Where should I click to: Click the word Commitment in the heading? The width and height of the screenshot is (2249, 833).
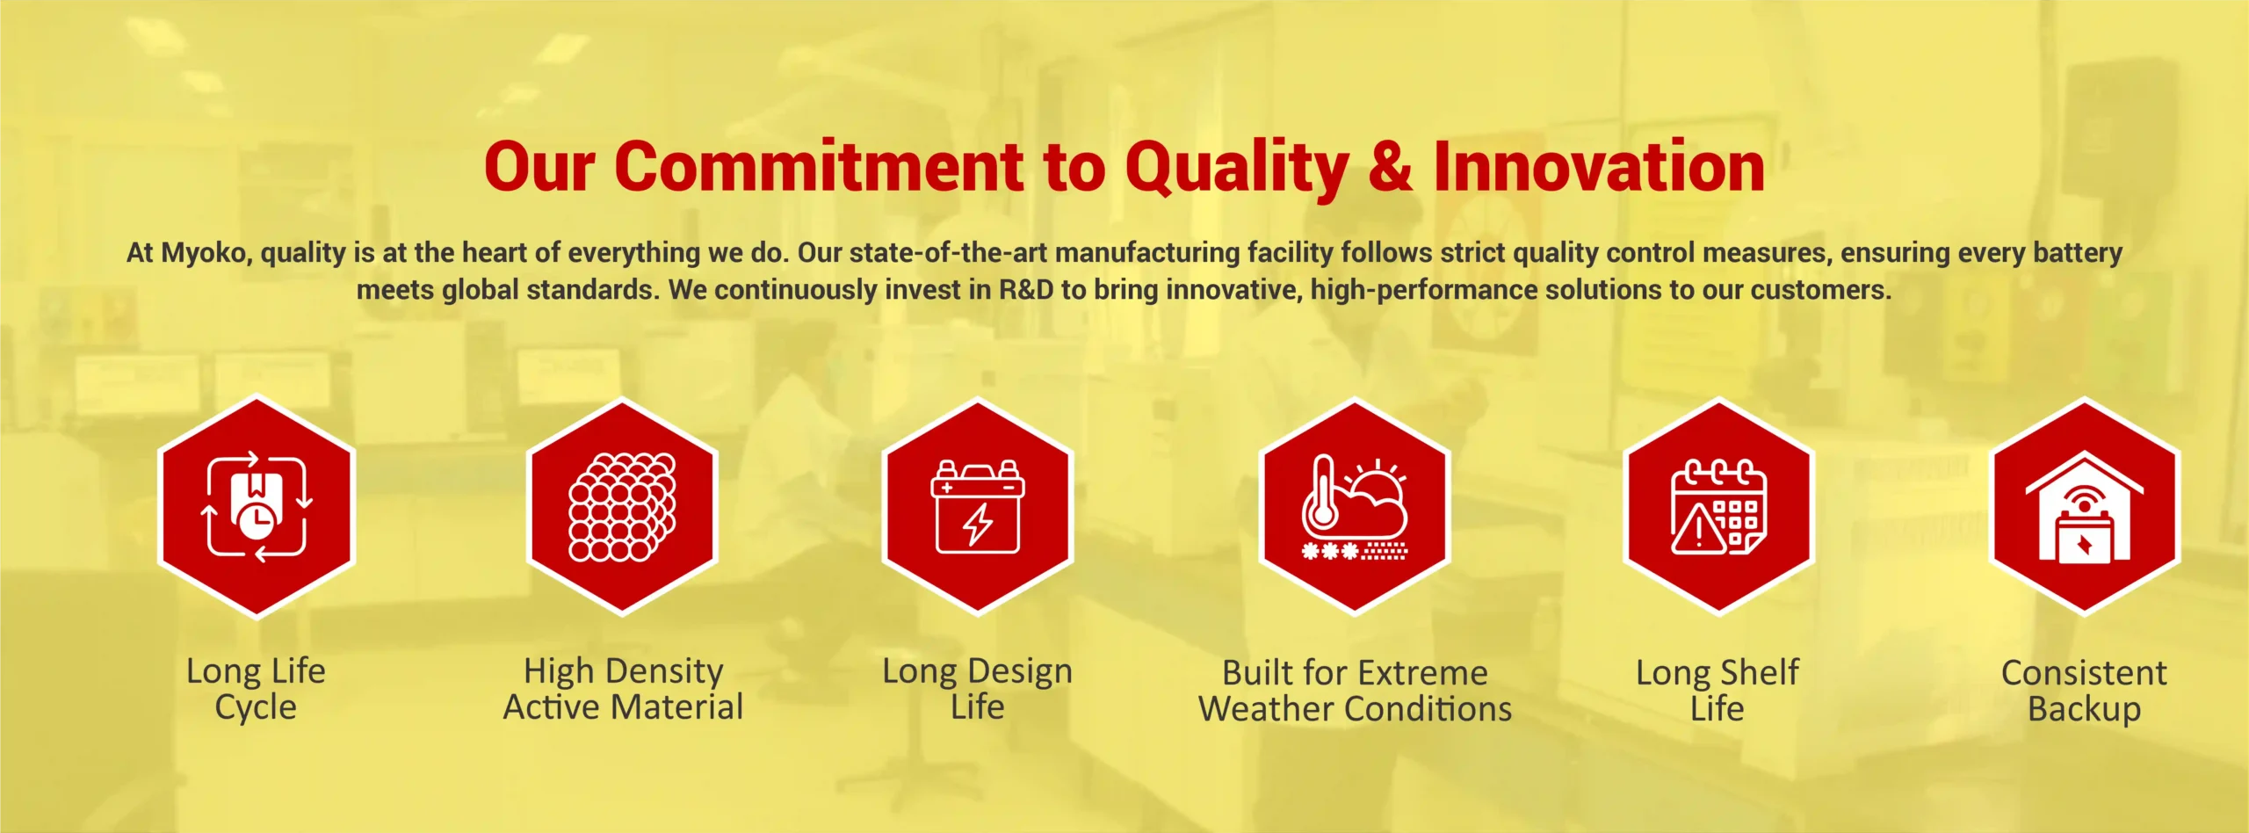pyautogui.click(x=819, y=166)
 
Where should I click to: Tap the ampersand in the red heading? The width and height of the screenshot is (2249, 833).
pyautogui.click(x=1391, y=166)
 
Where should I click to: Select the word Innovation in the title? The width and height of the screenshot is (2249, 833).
pyautogui.click(x=1599, y=166)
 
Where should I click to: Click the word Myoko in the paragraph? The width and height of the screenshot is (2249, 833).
pyautogui.click(x=206, y=253)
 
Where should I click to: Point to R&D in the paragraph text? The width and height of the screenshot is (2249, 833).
pyautogui.click(x=1026, y=290)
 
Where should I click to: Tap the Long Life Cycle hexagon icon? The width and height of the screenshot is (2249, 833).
pyautogui.click(x=257, y=507)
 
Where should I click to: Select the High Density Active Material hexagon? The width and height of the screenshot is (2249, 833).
pyautogui.click(x=623, y=507)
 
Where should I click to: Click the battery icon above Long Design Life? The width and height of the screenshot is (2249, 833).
pyautogui.click(x=978, y=507)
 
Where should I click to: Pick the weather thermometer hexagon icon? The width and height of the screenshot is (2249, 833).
pyautogui.click(x=1354, y=507)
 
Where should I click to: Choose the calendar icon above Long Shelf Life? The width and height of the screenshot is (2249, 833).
pyautogui.click(x=1718, y=507)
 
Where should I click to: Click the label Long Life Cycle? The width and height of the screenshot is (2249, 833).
pyautogui.click(x=256, y=689)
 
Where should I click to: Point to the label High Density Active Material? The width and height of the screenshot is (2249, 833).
pyautogui.click(x=623, y=689)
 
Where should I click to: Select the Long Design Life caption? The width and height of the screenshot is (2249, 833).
pyautogui.click(x=978, y=689)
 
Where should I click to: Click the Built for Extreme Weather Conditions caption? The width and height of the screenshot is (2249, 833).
pyautogui.click(x=1356, y=691)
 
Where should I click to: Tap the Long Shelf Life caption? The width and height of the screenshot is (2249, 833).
pyautogui.click(x=1717, y=691)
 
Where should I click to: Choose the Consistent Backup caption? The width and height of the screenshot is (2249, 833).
pyautogui.click(x=2085, y=691)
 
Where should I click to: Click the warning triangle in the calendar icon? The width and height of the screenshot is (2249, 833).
pyautogui.click(x=1699, y=529)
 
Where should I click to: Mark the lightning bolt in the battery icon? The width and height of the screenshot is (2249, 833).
pyautogui.click(x=978, y=525)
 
